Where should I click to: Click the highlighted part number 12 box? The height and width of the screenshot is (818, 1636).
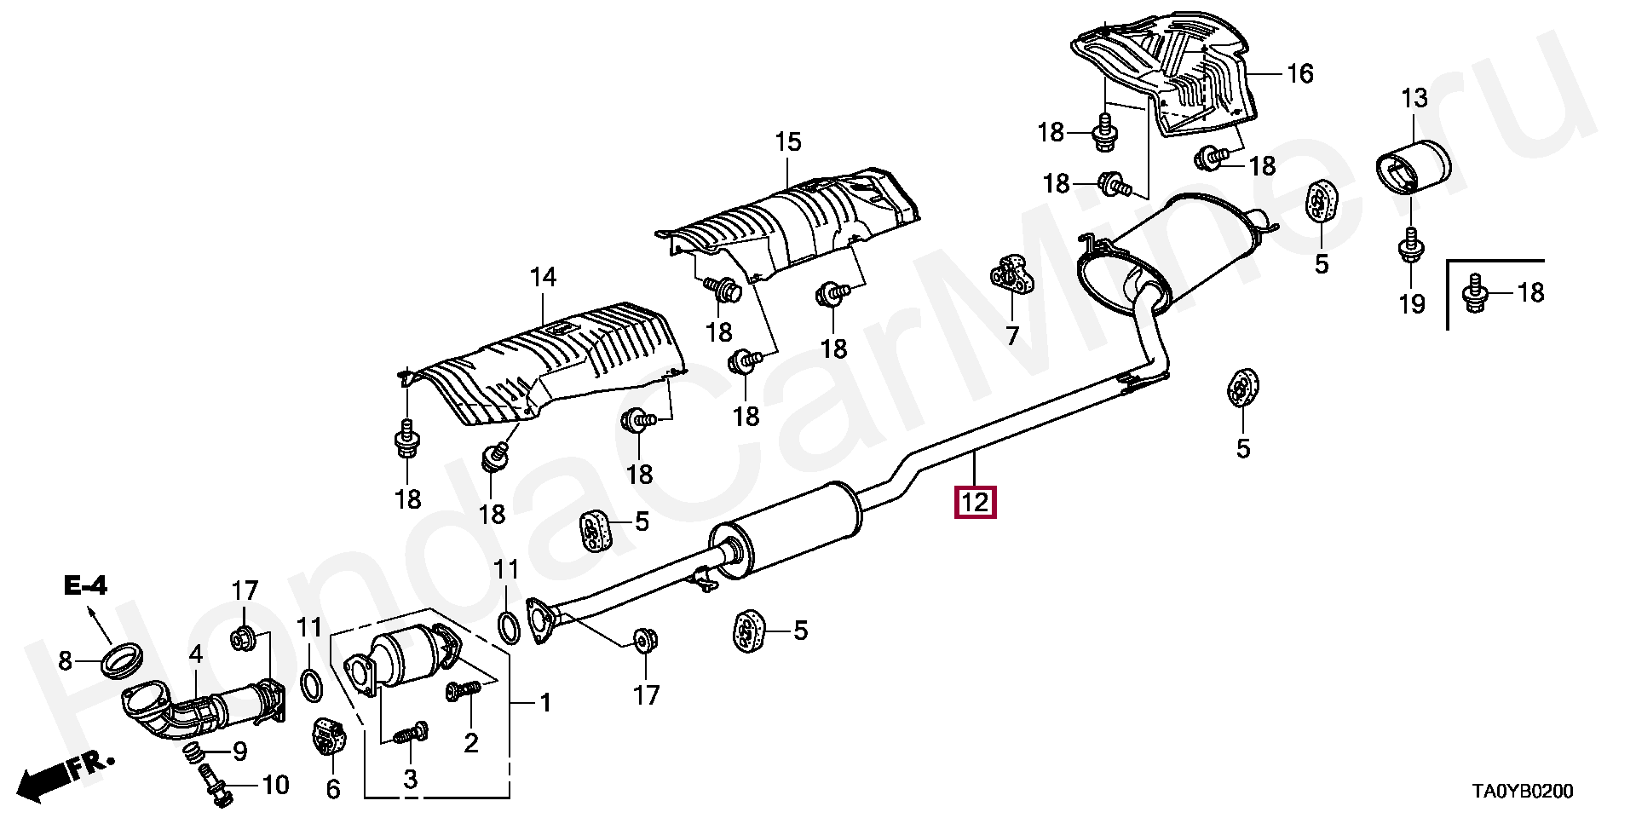[x=975, y=502]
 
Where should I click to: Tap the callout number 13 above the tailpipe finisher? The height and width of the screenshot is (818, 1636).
[x=1414, y=99]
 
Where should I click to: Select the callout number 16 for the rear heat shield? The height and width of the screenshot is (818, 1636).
[x=1299, y=74]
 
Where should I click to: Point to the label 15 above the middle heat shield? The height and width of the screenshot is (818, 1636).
[x=787, y=141]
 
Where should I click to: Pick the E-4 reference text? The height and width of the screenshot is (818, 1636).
[x=84, y=586]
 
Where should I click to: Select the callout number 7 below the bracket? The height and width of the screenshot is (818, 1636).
[x=1011, y=336]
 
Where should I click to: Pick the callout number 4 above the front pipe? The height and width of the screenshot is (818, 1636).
[x=196, y=655]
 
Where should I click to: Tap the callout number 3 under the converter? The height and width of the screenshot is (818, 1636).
[x=410, y=778]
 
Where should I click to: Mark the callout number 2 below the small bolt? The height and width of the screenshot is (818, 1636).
[x=470, y=743]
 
